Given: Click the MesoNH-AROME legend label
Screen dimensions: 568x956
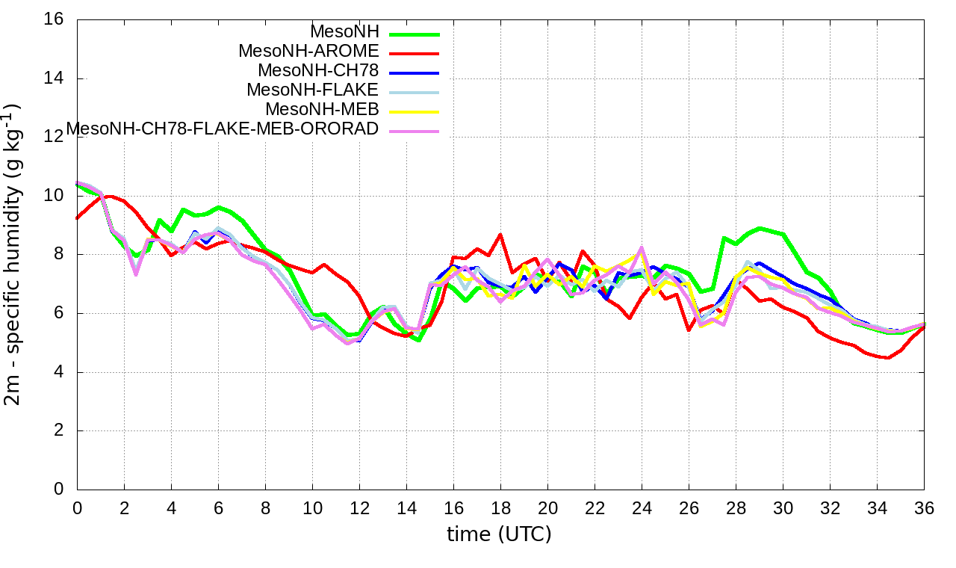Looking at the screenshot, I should [x=309, y=52].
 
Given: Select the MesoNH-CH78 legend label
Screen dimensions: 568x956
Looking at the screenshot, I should [x=319, y=71].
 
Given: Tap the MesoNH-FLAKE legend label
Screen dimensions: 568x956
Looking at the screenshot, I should [x=313, y=90].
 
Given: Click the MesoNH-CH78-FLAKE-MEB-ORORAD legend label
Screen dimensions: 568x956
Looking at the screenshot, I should [x=223, y=129].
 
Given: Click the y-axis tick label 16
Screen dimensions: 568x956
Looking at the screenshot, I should [x=55, y=19].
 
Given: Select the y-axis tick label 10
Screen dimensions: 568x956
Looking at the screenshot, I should [x=55, y=196].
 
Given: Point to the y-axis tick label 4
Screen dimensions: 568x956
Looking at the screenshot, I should [x=59, y=372].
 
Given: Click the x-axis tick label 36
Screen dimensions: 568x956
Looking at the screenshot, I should [x=924, y=508].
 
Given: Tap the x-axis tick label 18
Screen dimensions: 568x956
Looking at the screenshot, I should [x=500, y=508].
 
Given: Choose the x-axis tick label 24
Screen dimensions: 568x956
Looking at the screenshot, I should [x=642, y=508].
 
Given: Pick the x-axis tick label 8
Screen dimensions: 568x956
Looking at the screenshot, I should [x=265, y=508].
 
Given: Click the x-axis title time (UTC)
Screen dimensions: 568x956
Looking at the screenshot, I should [x=499, y=535].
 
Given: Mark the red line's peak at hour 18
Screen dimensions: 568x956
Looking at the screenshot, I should [x=500, y=235].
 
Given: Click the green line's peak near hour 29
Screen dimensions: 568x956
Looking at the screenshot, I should [x=760, y=228].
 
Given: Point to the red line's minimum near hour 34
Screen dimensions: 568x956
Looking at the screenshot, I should [x=887, y=358].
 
